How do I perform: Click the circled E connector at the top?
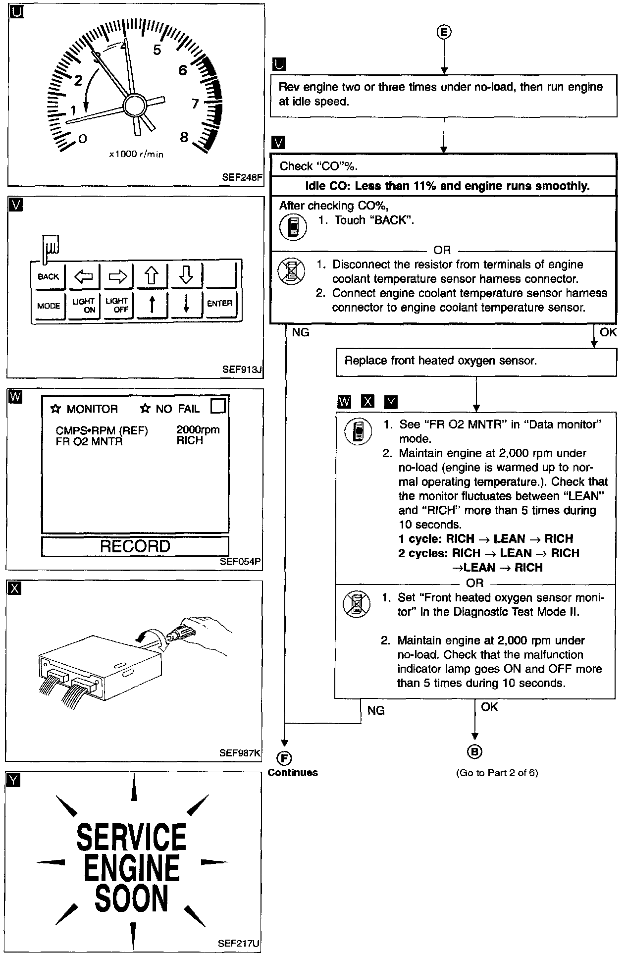[444, 32]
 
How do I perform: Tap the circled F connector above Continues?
[285, 758]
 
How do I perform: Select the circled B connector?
[474, 752]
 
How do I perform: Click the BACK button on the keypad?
[48, 276]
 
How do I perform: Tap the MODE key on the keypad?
[49, 306]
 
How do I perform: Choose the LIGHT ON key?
[83, 305]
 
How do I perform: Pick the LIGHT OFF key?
[117, 305]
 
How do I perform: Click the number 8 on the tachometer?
[184, 137]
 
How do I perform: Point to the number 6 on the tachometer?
[183, 70]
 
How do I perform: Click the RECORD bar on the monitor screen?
[135, 546]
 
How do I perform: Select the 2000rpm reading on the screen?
[198, 430]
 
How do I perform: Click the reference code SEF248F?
[242, 177]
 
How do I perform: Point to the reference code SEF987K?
[240, 753]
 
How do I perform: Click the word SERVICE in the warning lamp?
[132, 837]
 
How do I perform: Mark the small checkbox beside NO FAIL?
[218, 407]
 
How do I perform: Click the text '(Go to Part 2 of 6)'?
[497, 772]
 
